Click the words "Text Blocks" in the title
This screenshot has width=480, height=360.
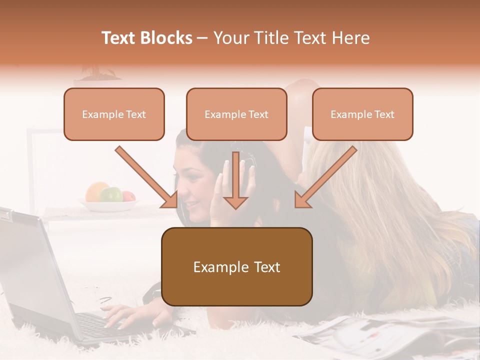pyautogui.click(x=146, y=38)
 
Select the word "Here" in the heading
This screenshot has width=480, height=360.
pyautogui.click(x=352, y=38)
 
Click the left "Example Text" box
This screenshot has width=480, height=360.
pyautogui.click(x=114, y=114)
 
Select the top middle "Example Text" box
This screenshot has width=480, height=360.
pyautogui.click(x=236, y=114)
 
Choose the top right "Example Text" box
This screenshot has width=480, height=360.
pyautogui.click(x=362, y=114)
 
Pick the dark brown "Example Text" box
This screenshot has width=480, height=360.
pyautogui.click(x=236, y=267)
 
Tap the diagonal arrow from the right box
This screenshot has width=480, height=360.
pyautogui.click(x=325, y=177)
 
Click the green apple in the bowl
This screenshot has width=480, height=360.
pyautogui.click(x=111, y=194)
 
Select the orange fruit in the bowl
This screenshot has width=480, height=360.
pyautogui.click(x=96, y=190)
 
